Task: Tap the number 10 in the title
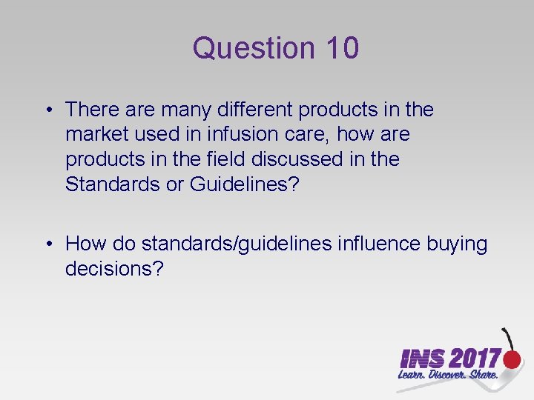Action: [x=341, y=49]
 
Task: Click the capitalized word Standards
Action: [x=112, y=184]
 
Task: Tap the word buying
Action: [x=457, y=244]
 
